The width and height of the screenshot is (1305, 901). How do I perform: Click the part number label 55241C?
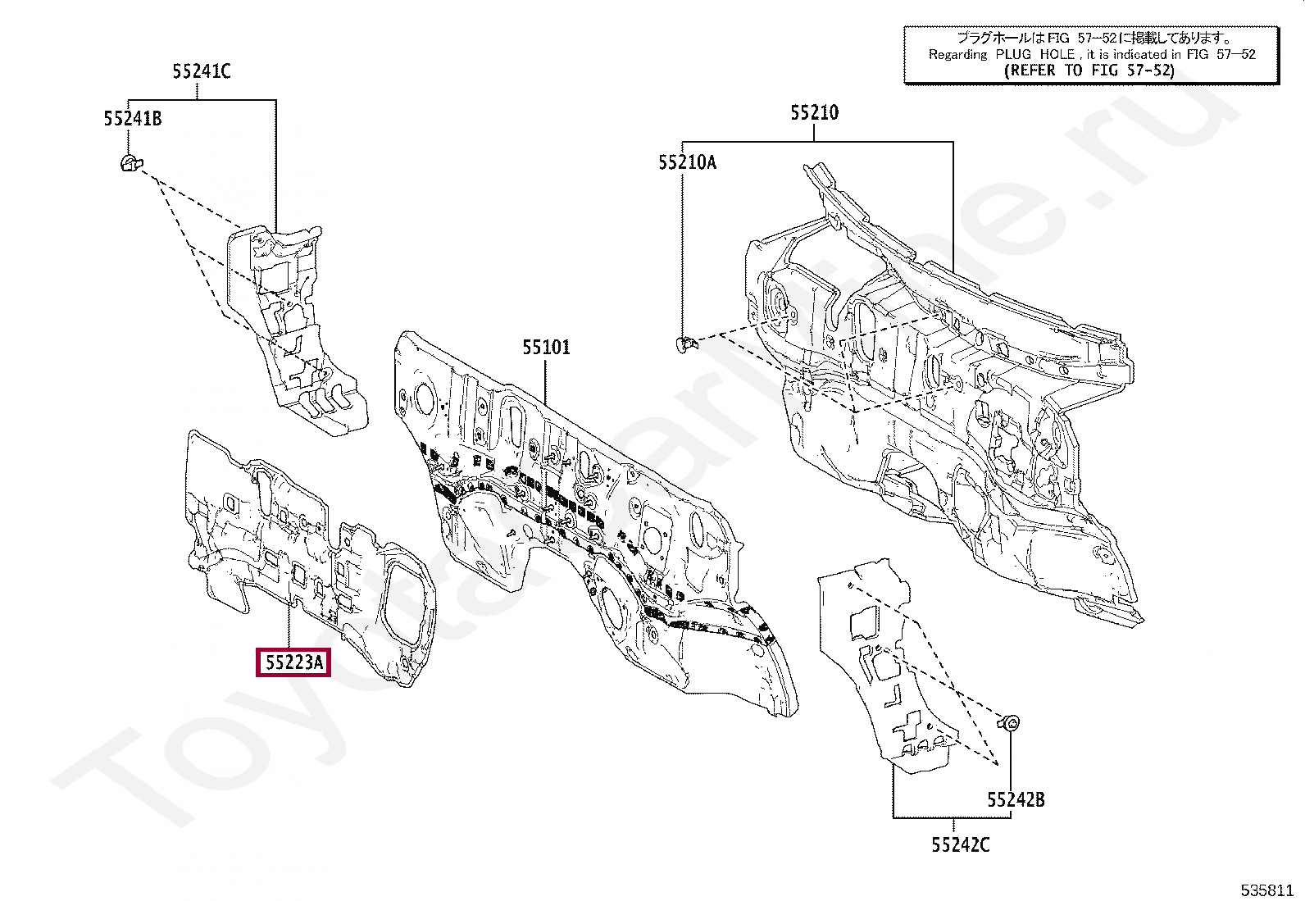pyautogui.click(x=202, y=72)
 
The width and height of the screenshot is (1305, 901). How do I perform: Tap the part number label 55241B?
pyautogui.click(x=133, y=119)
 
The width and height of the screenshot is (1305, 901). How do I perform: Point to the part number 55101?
pyautogui.click(x=546, y=348)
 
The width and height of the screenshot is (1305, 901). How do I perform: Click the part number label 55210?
pyautogui.click(x=814, y=113)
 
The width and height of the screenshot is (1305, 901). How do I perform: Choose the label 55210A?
pyautogui.click(x=687, y=162)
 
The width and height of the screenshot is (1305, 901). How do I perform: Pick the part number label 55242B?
pyautogui.click(x=1016, y=799)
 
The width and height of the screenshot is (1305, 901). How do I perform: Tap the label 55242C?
pyautogui.click(x=960, y=844)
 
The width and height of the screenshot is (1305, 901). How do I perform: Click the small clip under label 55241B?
pyautogui.click(x=130, y=163)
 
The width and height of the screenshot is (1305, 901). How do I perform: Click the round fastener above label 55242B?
pyautogui.click(x=1011, y=722)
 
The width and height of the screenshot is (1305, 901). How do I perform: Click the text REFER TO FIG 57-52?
pyautogui.click(x=1090, y=71)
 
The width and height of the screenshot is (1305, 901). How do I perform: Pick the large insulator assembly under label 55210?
pyautogui.click(x=943, y=394)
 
